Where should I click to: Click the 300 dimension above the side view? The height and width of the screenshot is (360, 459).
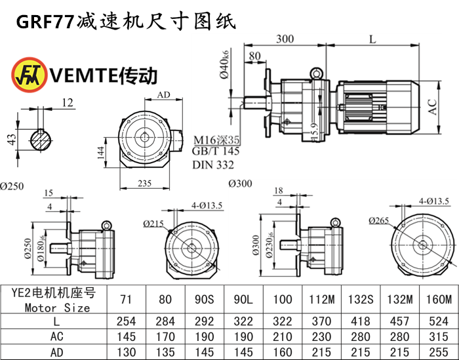(285, 39)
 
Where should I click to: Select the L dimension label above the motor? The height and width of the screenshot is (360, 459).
(372, 39)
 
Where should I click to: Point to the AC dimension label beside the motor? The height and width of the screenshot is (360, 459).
(433, 107)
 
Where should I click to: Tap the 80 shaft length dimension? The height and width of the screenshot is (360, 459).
(254, 56)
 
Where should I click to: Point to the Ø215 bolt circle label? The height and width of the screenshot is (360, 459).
(152, 224)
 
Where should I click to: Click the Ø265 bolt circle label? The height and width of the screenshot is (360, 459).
(378, 220)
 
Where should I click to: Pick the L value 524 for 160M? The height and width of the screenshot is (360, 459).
(435, 321)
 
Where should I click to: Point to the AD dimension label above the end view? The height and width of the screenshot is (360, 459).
(164, 95)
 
